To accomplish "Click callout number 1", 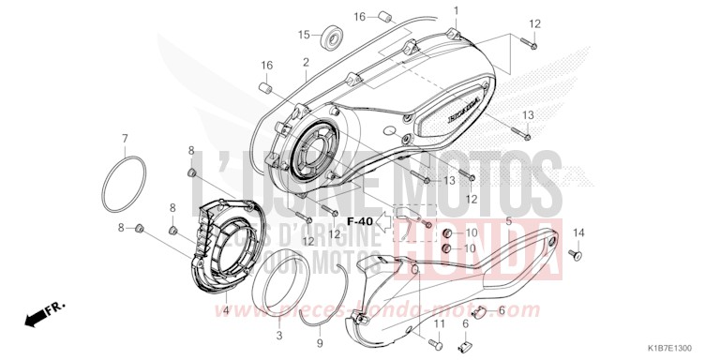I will pos(456,10).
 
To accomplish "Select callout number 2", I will pos(306,62).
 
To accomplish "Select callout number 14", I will pos(578,232).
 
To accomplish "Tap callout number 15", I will pos(304,35).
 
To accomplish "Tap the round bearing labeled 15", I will pos(330,38).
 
